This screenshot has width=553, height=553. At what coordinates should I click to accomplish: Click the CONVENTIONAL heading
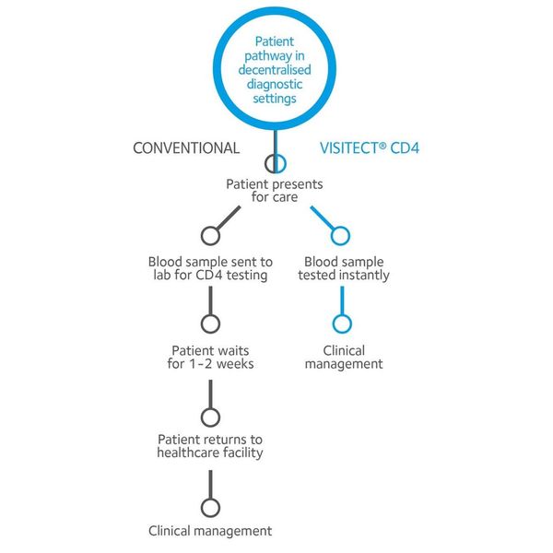[x=186, y=148]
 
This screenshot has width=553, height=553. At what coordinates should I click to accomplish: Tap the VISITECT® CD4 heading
[x=370, y=148]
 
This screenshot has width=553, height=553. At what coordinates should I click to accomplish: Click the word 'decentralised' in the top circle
[x=275, y=70]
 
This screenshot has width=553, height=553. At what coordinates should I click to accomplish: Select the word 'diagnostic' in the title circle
[x=275, y=84]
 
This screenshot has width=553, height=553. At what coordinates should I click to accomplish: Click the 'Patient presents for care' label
[x=275, y=191]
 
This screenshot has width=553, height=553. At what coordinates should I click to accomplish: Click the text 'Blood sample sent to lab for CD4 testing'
[x=210, y=268]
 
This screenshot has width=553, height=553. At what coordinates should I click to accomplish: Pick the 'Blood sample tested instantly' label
[x=344, y=268]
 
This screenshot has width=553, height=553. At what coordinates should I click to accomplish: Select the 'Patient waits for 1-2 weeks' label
[x=210, y=358]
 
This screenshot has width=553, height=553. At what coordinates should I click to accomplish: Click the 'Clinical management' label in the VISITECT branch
[x=344, y=358]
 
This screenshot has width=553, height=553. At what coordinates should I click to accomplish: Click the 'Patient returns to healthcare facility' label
[x=210, y=446]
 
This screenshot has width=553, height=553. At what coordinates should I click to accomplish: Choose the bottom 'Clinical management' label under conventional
[x=210, y=531]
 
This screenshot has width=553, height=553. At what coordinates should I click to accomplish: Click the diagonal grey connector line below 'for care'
[x=229, y=218]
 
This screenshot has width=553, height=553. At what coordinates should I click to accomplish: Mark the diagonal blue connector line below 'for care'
[x=323, y=218]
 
